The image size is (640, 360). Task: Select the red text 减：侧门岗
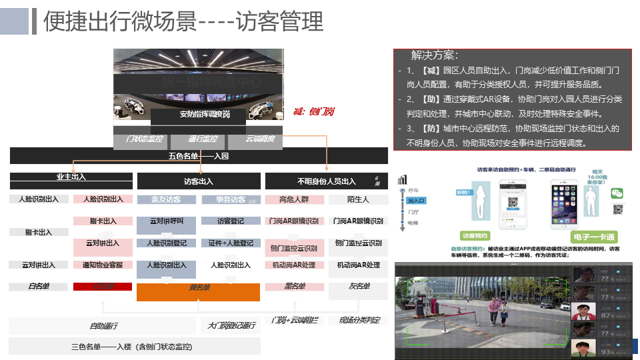313,111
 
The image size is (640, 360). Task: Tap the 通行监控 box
198,139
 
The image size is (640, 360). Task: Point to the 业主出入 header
71,177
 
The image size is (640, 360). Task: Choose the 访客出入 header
199,181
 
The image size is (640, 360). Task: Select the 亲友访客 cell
166,199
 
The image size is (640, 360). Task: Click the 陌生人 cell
358,199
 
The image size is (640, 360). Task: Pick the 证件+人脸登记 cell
231,243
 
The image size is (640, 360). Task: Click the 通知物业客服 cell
102,265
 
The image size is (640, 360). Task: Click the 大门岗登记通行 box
231,325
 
